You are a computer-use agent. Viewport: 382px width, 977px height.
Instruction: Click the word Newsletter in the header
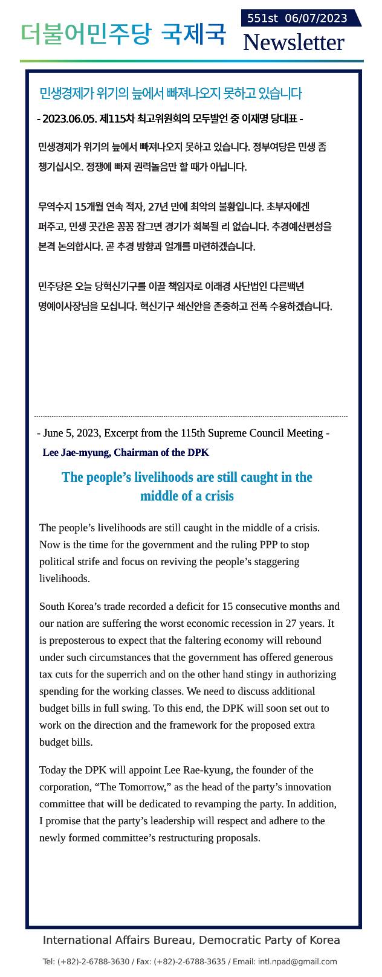[293, 42]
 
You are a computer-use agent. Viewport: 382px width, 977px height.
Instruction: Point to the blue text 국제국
[193, 34]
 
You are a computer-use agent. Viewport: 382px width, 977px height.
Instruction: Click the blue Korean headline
[170, 93]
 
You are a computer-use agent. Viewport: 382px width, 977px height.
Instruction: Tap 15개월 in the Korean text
[89, 207]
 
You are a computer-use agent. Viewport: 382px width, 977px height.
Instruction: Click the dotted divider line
[191, 416]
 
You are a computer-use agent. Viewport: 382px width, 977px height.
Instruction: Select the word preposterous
[82, 640]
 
